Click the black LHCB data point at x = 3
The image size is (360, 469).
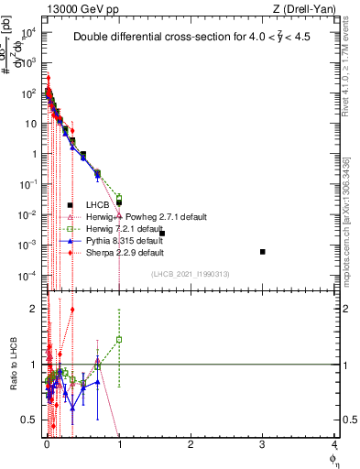[x=263, y=251]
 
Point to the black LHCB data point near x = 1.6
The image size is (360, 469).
[x=162, y=234]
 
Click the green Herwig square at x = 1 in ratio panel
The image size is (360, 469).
[x=119, y=340]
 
